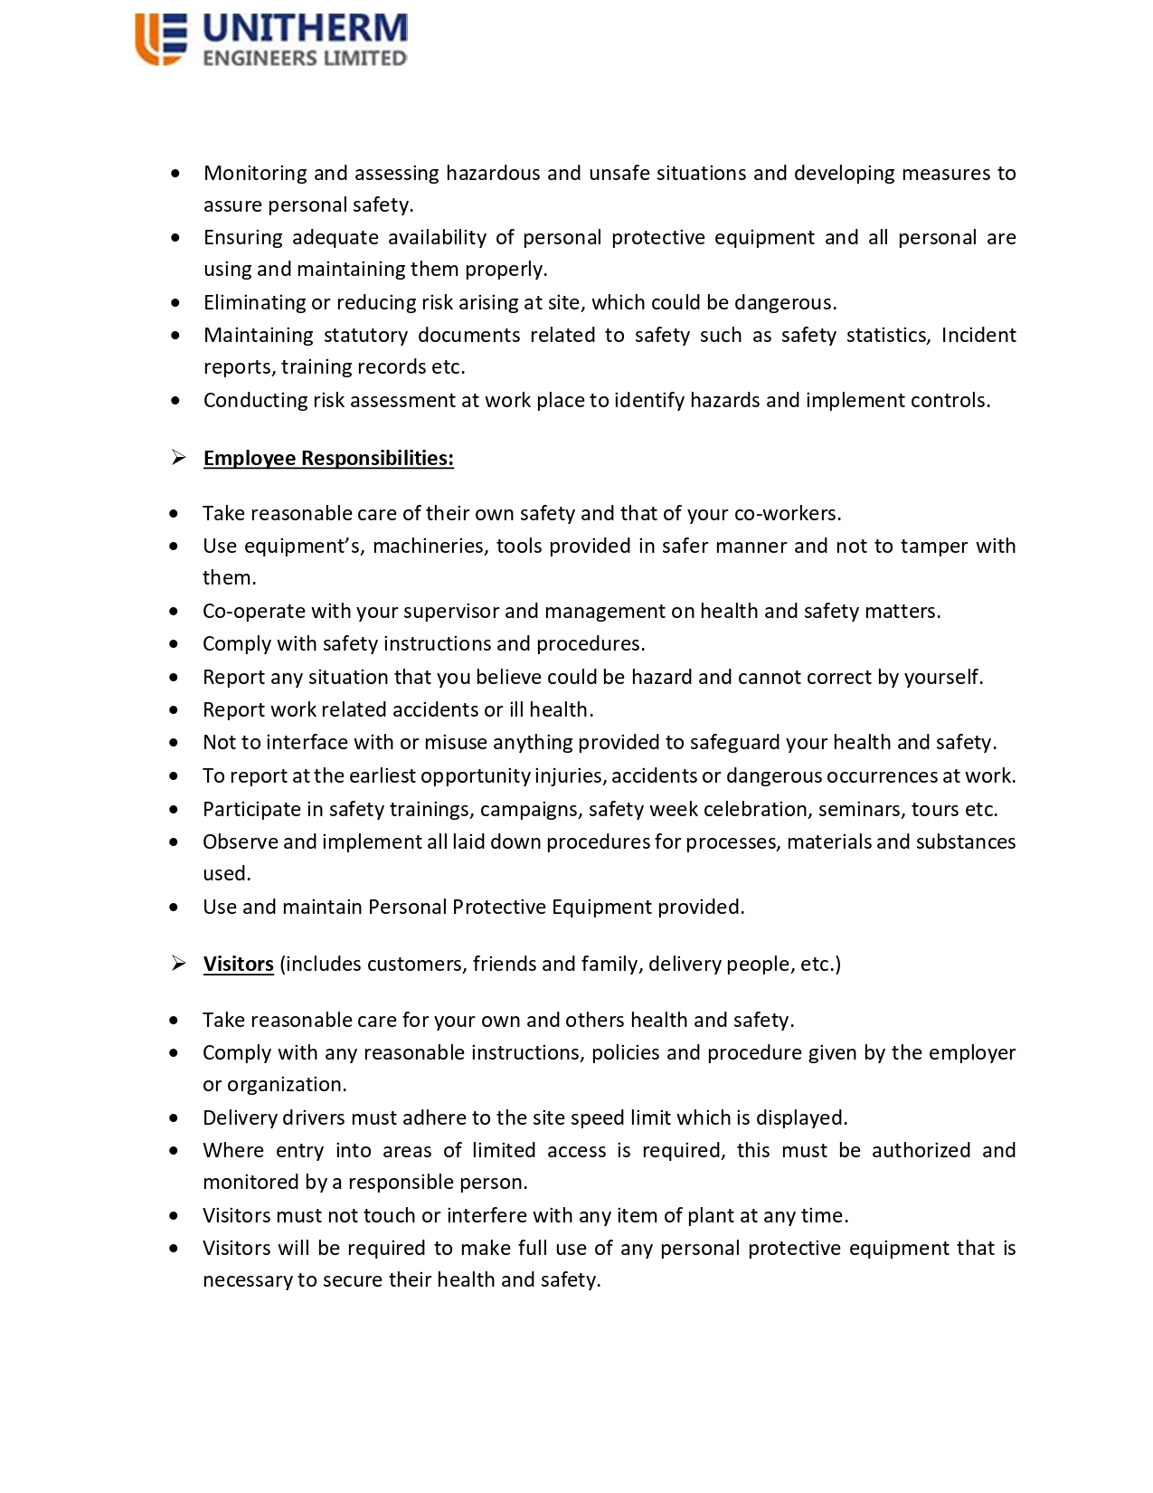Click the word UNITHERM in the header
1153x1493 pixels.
click(305, 29)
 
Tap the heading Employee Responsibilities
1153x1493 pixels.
click(328, 459)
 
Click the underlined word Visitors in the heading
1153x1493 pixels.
click(239, 965)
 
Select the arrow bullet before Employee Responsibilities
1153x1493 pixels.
click(178, 458)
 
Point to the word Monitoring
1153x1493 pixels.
click(254, 173)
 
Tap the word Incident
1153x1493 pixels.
click(978, 336)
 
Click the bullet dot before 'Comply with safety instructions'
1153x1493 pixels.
click(174, 644)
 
